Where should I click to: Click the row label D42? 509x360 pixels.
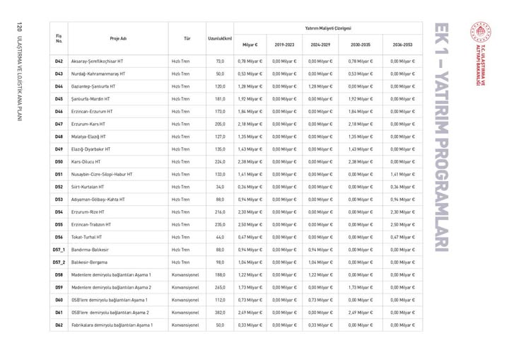tap(59, 62)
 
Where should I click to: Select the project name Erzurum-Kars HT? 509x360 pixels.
tap(90, 124)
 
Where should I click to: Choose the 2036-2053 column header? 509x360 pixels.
tap(402, 44)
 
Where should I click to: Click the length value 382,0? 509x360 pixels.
tap(219, 312)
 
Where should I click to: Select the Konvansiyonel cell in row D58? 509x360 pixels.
tap(186, 274)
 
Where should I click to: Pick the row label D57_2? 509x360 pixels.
tap(59, 262)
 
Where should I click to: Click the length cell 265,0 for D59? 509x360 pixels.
tap(219, 286)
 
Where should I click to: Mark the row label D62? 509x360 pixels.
tap(59, 325)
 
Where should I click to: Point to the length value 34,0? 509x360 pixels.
tap(220, 187)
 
